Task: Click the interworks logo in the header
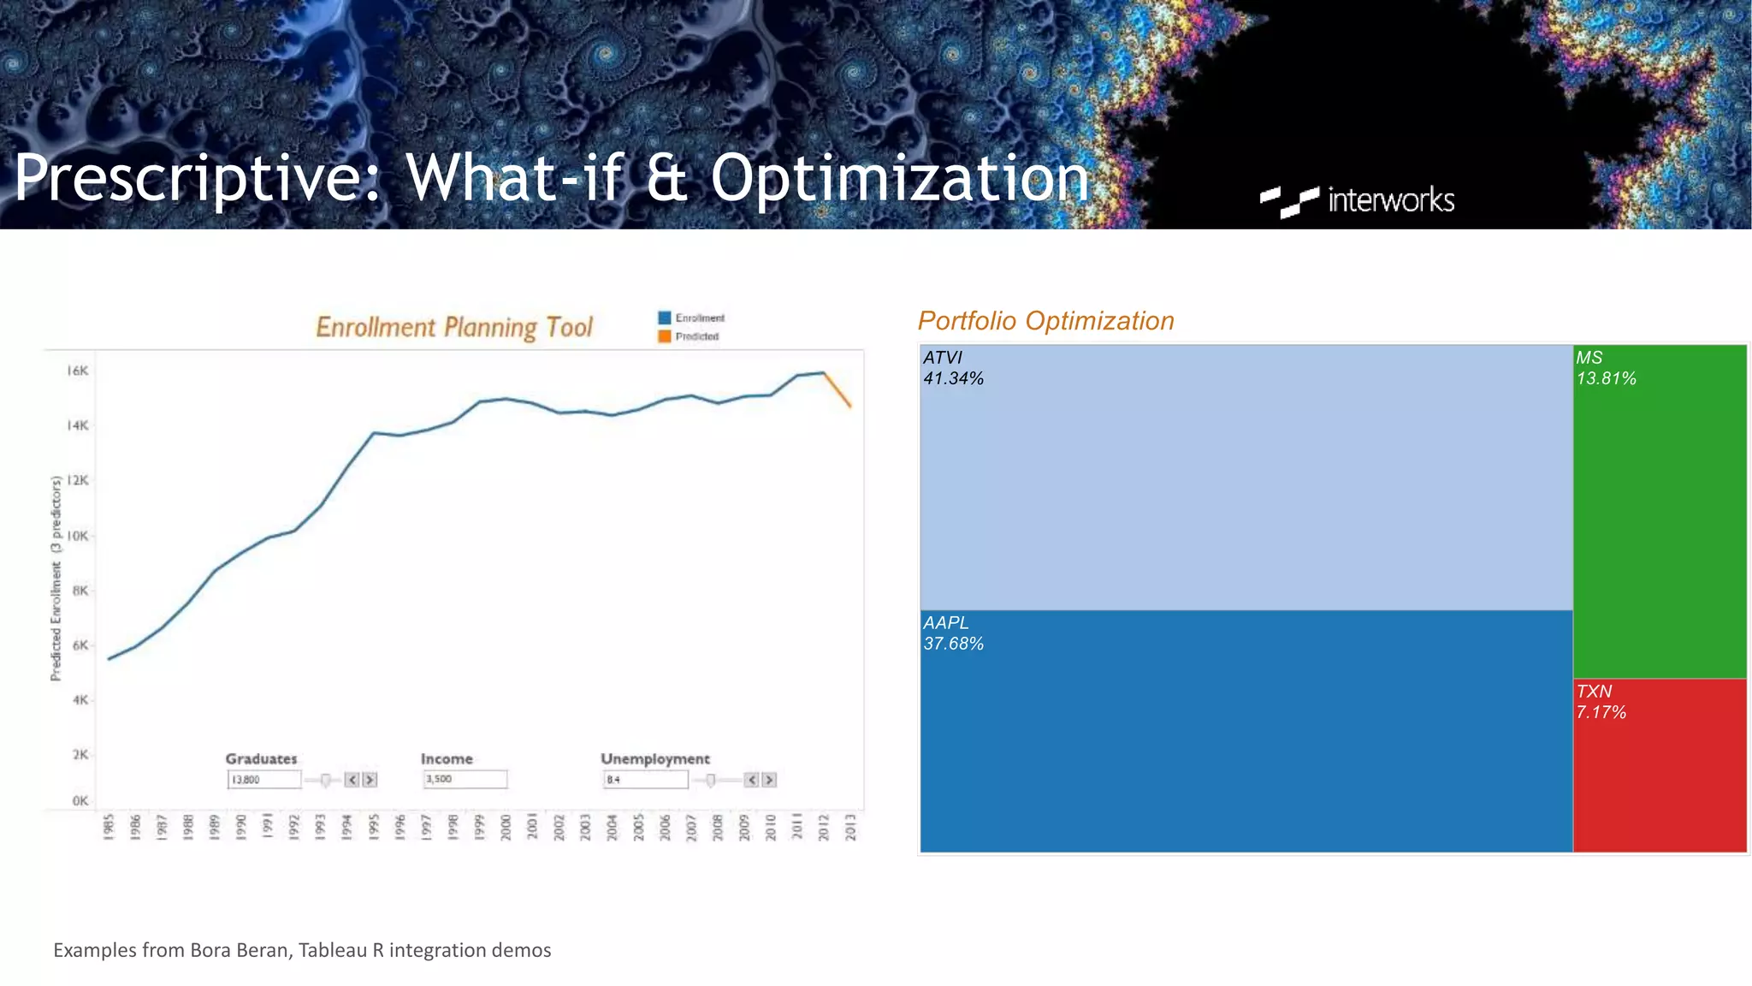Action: click(x=1358, y=200)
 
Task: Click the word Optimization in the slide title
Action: click(x=899, y=178)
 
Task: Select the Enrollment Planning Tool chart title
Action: click(x=453, y=327)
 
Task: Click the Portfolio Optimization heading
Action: click(x=1045, y=321)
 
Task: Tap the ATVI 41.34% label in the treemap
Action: click(x=953, y=368)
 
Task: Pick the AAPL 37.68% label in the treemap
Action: click(x=953, y=633)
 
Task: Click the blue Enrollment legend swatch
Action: click(x=665, y=318)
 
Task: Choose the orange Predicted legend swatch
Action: click(x=665, y=336)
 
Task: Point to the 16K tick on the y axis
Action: click(x=78, y=371)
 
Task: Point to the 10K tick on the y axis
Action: click(x=78, y=536)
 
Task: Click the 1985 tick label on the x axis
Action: click(x=109, y=828)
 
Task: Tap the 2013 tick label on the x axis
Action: click(x=850, y=828)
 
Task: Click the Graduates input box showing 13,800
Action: click(x=264, y=780)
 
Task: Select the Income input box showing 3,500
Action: click(x=465, y=779)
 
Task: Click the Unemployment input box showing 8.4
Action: click(x=645, y=780)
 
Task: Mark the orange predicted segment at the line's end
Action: click(x=838, y=390)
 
